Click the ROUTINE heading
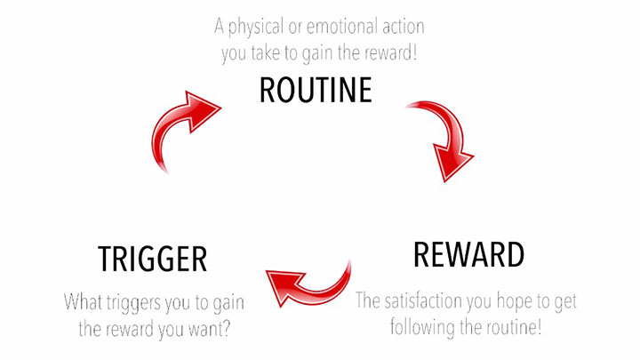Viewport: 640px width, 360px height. coord(316,91)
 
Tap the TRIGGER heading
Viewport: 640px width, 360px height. coord(152,259)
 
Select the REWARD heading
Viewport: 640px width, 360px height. coord(468,255)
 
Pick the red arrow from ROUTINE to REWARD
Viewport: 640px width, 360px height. coord(444,138)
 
